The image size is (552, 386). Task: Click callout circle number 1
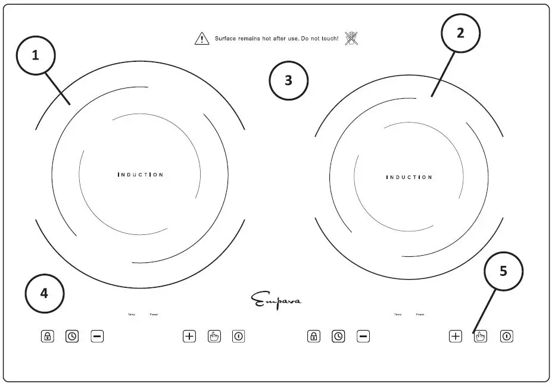[35, 55]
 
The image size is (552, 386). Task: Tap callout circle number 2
[460, 33]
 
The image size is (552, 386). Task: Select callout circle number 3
[289, 80]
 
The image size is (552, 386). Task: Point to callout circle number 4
[45, 293]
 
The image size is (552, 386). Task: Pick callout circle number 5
[503, 271]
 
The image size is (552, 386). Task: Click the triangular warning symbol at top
[202, 39]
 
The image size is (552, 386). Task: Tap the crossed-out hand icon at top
[351, 39]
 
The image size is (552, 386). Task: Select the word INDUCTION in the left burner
[141, 175]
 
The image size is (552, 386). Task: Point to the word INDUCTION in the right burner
[409, 177]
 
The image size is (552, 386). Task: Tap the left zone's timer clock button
[72, 336]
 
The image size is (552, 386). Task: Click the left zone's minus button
[98, 336]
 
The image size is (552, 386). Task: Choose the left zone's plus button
[189, 336]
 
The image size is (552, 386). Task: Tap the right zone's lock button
[314, 336]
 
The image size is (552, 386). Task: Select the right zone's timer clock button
[338, 336]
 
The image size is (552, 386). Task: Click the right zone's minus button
[363, 336]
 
